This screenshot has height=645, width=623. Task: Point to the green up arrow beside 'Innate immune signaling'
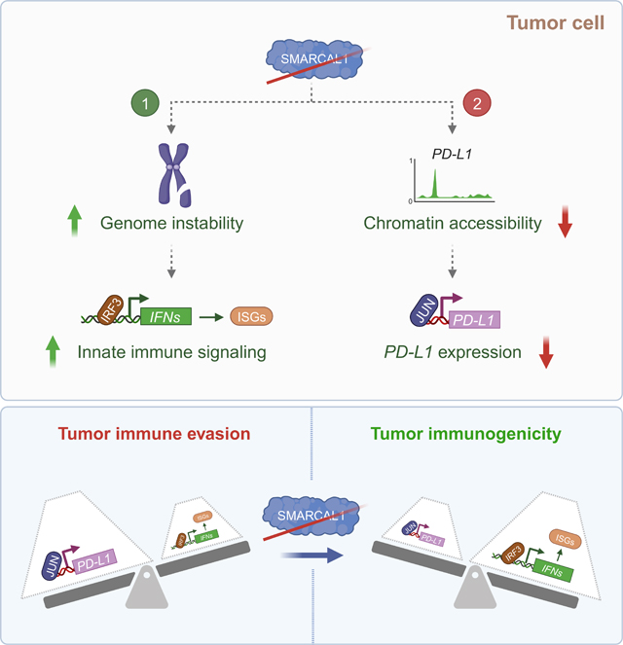pyautogui.click(x=57, y=350)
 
